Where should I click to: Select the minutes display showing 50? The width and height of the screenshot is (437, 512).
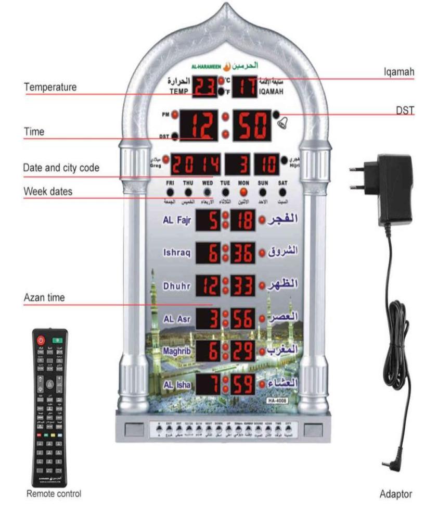click(252, 125)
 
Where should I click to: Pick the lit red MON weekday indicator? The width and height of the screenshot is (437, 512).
click(242, 192)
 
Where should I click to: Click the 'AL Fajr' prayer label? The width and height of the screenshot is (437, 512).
click(177, 221)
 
